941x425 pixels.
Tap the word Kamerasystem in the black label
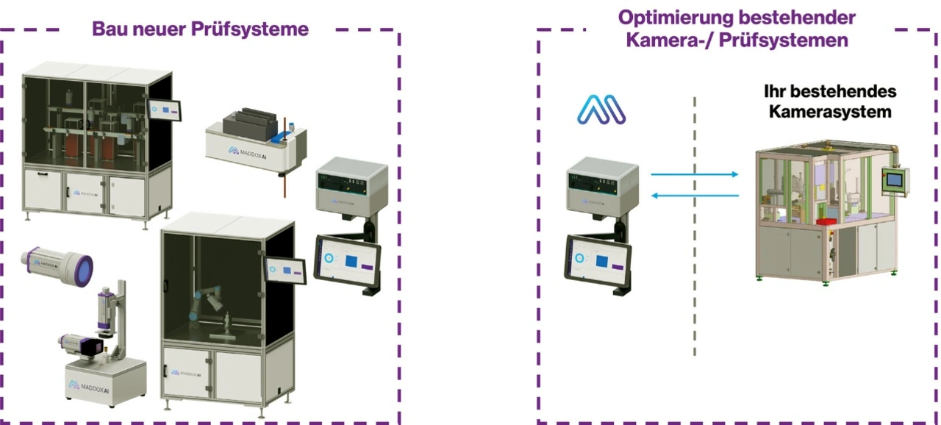(830, 112)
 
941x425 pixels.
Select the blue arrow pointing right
(695, 174)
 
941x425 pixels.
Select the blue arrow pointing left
(695, 195)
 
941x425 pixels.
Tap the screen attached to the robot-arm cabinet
(285, 268)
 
